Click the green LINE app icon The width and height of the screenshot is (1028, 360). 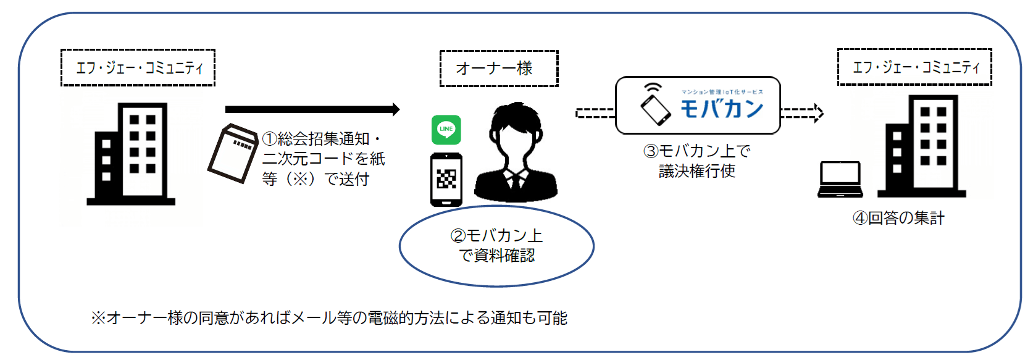pyautogui.click(x=446, y=130)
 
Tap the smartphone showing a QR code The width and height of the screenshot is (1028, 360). pyautogui.click(x=446, y=179)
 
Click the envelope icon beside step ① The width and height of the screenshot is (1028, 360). pyautogui.click(x=232, y=154)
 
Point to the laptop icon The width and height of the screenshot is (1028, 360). pyautogui.click(x=840, y=180)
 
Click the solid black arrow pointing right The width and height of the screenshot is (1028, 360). pyautogui.click(x=312, y=109)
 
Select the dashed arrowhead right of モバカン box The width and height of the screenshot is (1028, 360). pyautogui.click(x=819, y=113)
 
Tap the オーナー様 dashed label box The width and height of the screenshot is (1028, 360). pyautogui.click(x=498, y=69)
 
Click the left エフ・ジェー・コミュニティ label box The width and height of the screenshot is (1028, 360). pyautogui.click(x=138, y=67)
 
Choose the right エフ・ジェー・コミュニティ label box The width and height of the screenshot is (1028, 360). pyautogui.click(x=914, y=67)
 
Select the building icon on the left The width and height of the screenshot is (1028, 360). pyautogui.click(x=132, y=154)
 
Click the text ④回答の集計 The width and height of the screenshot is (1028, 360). pyautogui.click(x=898, y=218)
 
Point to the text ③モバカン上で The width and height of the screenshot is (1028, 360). pyautogui.click(x=697, y=151)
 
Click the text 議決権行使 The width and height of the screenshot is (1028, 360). pyautogui.click(x=697, y=171)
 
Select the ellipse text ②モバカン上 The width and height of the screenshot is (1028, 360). pyautogui.click(x=496, y=236)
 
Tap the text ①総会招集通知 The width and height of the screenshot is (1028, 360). pyautogui.click(x=320, y=139)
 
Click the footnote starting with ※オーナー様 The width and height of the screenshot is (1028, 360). pyautogui.click(x=329, y=318)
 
